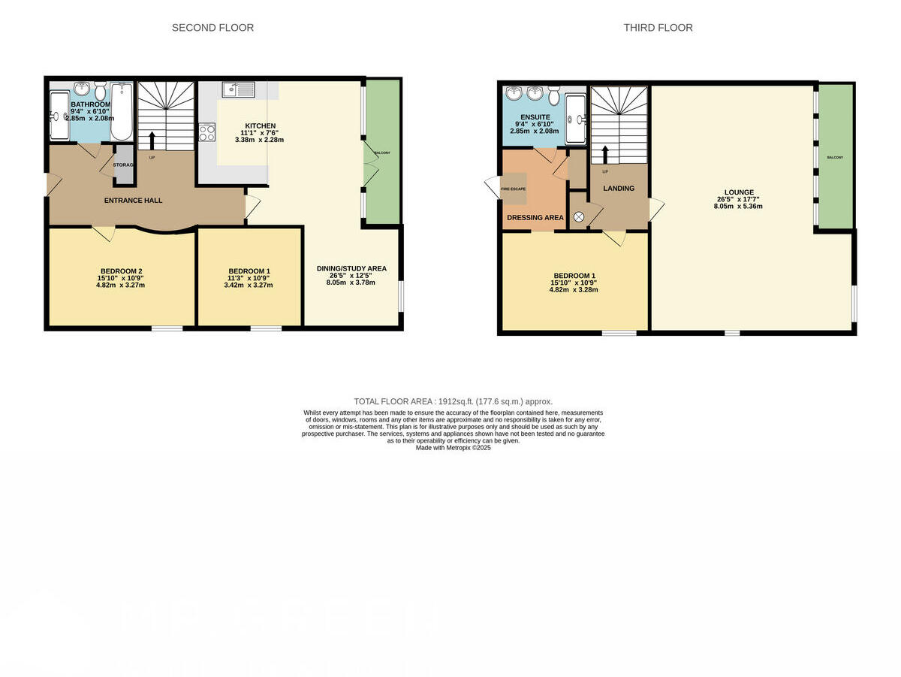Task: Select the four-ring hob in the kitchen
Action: [207, 133]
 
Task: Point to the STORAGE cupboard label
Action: [123, 165]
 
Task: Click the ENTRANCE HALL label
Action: [133, 201]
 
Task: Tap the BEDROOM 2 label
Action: [122, 271]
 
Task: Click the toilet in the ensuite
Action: [554, 95]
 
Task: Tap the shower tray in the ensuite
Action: [576, 119]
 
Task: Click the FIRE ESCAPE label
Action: [514, 189]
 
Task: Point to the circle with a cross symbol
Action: [579, 217]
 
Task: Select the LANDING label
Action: [619, 189]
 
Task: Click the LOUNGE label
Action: [739, 192]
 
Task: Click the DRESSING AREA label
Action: [535, 218]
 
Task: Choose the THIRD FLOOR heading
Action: [658, 28]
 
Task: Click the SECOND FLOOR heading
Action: [212, 28]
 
